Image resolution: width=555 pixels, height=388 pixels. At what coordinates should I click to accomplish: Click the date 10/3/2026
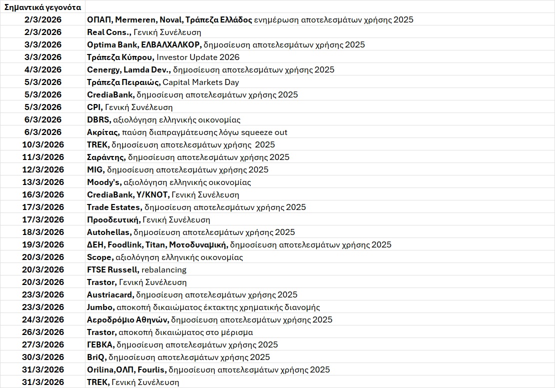43,145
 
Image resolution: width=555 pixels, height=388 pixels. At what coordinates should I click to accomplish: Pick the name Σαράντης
105,157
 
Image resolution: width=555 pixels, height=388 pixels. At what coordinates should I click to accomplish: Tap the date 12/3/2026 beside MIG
43,170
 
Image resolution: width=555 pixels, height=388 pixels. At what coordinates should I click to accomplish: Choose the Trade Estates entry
114,207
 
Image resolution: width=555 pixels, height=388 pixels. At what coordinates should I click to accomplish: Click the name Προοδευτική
113,220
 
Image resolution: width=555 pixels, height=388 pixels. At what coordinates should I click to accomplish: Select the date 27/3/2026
43,345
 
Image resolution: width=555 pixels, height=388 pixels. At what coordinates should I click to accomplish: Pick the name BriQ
96,357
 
